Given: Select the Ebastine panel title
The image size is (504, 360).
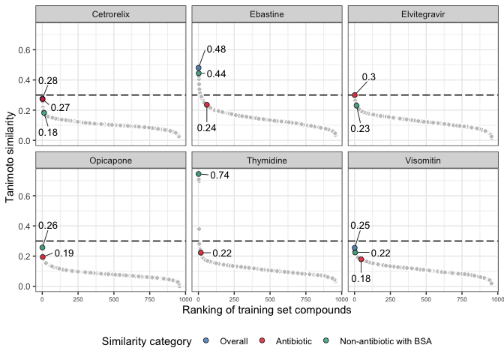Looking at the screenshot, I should [266, 15].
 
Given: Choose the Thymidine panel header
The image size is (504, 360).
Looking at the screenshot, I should [266, 160].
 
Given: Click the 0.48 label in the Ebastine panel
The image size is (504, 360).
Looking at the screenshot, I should [216, 49].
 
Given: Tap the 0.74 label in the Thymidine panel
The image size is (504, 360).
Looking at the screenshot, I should [219, 175].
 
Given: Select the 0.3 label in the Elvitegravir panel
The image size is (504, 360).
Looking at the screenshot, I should [369, 77].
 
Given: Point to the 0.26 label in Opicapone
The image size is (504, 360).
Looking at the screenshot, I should [48, 226].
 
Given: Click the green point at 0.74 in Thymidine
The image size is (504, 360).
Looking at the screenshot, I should [199, 174].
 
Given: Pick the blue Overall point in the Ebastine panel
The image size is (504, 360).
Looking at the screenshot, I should [199, 68].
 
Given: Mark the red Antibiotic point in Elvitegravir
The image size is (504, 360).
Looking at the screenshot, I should [355, 95].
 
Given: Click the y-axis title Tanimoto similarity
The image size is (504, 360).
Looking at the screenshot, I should [10, 156].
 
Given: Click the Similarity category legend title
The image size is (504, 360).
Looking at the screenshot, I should [147, 342].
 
